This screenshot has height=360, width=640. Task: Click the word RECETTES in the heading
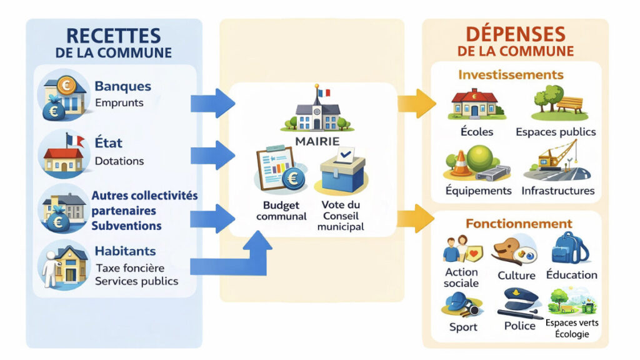pos(113,35)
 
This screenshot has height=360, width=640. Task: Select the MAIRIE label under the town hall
pos(318,141)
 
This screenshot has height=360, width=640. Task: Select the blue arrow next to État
pos(212,154)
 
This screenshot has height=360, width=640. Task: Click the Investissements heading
pos(511,75)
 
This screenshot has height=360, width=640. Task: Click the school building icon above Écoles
pos(477,104)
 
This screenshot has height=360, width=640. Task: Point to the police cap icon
pos(520,301)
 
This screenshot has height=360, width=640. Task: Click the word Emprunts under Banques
pos(119,103)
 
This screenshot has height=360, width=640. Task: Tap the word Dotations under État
pos(119,161)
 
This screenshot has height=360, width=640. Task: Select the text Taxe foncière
pos(130,268)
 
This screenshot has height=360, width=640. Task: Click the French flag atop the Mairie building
pos(322,92)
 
